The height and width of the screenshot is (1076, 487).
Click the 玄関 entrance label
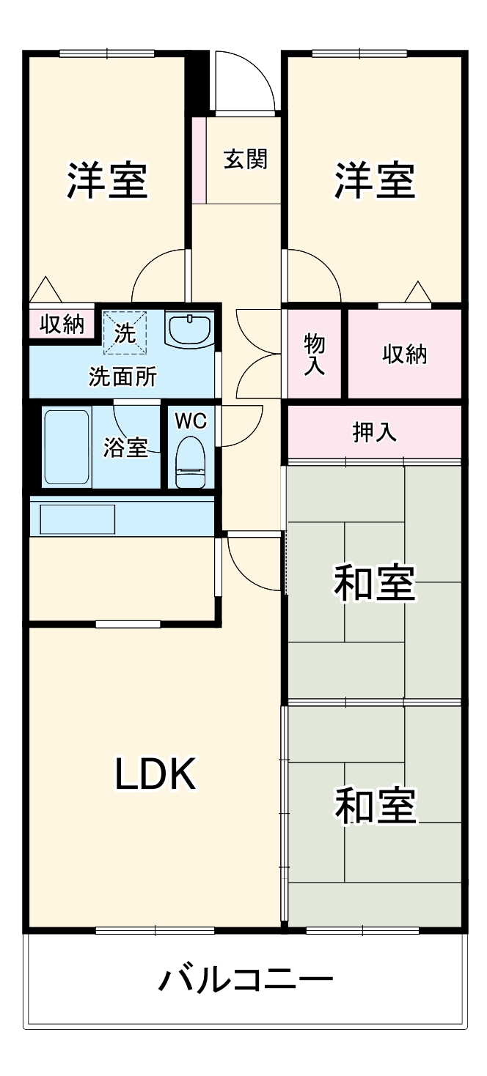tap(245, 159)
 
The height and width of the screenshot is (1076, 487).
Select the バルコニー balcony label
tap(246, 979)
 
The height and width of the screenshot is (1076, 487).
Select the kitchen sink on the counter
tap(78, 519)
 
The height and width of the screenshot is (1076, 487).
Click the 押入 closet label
tap(375, 432)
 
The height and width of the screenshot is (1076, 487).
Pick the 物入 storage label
tap(315, 354)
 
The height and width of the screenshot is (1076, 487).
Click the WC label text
tap(191, 421)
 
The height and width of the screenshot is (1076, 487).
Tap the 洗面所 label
tap(122, 376)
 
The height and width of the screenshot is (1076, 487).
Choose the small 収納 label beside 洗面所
tap(62, 324)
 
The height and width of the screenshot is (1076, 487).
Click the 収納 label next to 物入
tap(404, 354)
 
